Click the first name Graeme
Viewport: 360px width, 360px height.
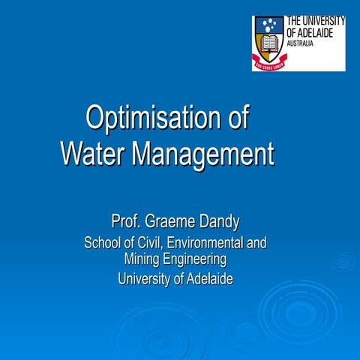(x=174, y=222)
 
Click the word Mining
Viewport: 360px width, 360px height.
(x=143, y=259)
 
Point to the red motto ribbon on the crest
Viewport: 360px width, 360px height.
(x=268, y=65)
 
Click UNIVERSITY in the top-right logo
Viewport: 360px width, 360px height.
(x=322, y=21)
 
